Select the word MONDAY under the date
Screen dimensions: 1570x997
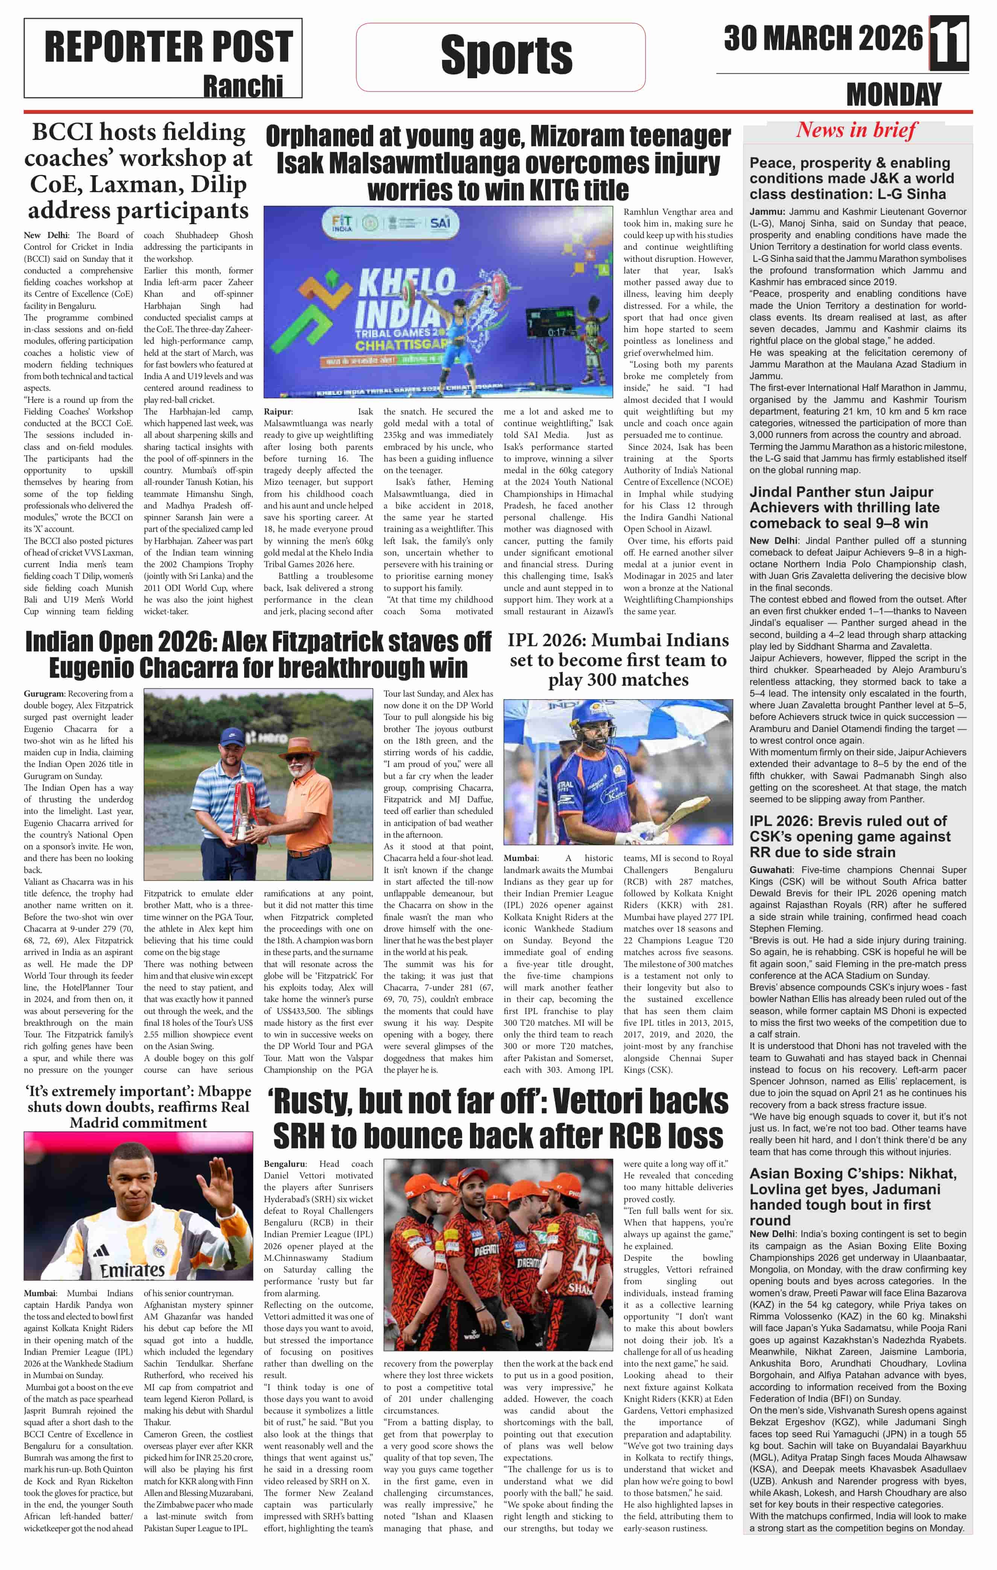tap(893, 95)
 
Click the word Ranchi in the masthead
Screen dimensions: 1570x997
tap(243, 86)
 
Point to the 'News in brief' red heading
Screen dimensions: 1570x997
tap(856, 131)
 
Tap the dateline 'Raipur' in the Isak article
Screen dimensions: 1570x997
tap(278, 411)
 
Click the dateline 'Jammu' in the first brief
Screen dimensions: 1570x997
tap(766, 212)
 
